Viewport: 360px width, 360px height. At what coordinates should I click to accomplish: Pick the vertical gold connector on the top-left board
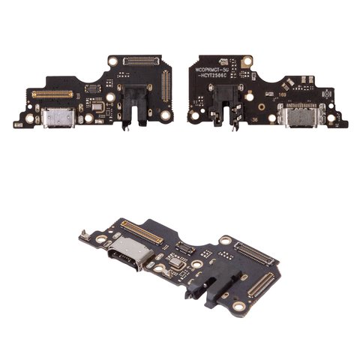point(166,88)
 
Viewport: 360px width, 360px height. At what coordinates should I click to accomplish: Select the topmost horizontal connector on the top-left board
point(139,59)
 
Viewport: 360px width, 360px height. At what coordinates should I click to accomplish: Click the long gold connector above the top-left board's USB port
point(52,94)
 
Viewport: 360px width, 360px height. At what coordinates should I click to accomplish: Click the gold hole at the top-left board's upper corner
point(112,61)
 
